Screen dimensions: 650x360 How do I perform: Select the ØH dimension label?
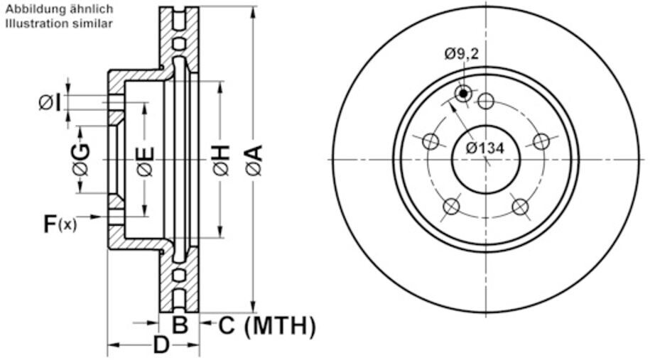click(x=221, y=160)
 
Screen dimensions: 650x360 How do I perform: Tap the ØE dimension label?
click(x=144, y=160)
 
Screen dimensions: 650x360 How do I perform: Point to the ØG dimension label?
click(x=81, y=160)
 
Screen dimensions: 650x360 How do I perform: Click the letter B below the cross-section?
click(x=180, y=326)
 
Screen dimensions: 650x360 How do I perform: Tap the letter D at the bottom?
click(x=161, y=346)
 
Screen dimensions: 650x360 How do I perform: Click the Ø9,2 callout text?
click(x=461, y=53)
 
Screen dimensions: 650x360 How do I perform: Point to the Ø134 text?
click(x=485, y=148)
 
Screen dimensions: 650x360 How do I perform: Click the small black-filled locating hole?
click(x=464, y=93)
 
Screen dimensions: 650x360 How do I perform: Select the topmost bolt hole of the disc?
click(x=486, y=101)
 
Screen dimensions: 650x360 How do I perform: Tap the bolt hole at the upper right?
click(x=541, y=141)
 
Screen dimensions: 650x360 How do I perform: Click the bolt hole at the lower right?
click(x=521, y=207)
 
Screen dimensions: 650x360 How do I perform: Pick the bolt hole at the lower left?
click(x=451, y=207)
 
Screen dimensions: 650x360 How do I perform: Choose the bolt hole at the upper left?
click(x=430, y=141)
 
